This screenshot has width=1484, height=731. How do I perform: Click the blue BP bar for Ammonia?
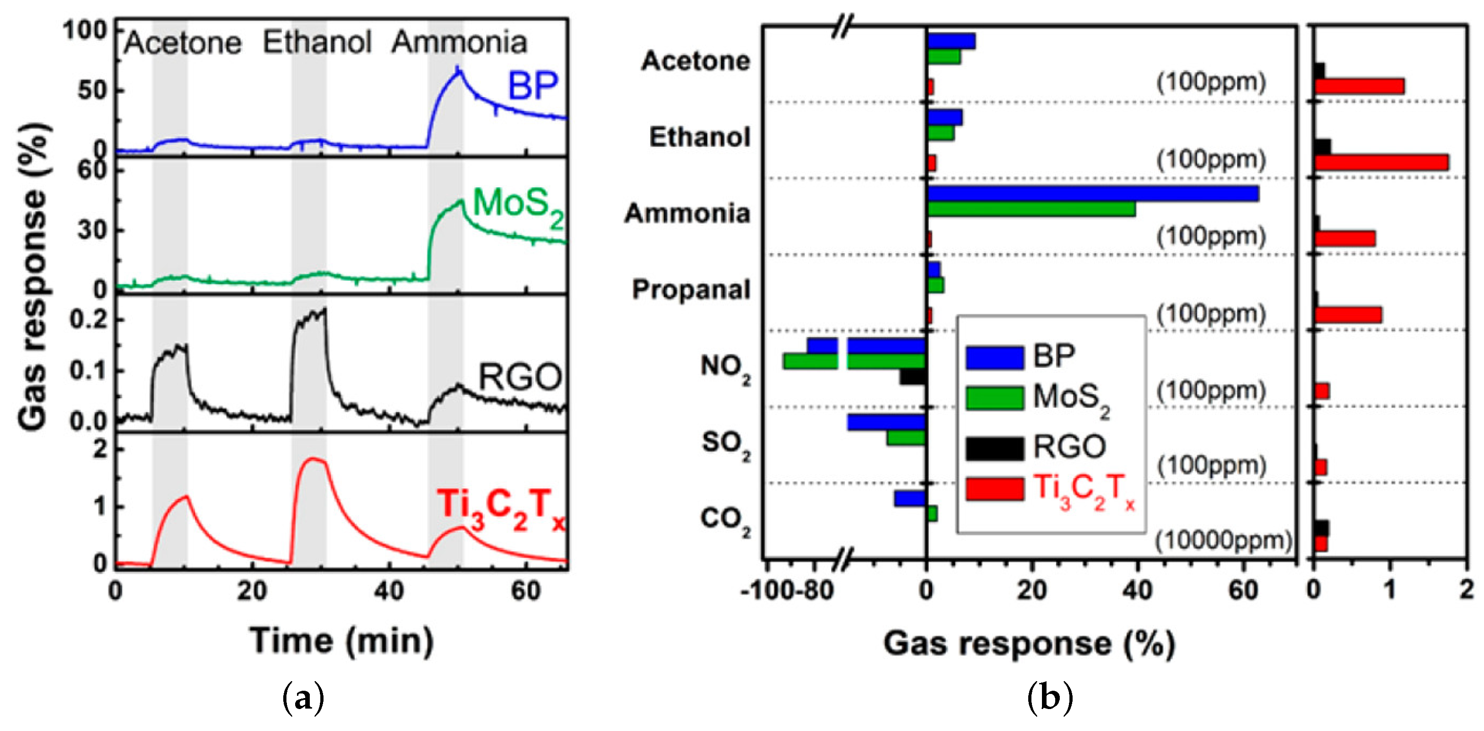(x=1092, y=193)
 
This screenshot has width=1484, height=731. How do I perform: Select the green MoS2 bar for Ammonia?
(x=1031, y=210)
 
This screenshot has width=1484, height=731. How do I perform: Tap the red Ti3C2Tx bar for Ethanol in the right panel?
(x=1381, y=163)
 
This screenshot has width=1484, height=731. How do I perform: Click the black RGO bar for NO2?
(x=912, y=377)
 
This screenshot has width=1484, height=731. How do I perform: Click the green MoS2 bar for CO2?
(x=932, y=513)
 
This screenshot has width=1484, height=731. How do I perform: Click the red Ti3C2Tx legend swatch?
(x=995, y=489)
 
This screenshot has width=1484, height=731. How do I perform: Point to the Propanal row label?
(x=691, y=289)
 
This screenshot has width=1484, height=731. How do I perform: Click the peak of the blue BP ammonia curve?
(x=458, y=72)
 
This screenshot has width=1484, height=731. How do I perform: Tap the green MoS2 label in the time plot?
(x=518, y=206)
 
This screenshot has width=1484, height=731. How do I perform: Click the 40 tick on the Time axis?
(x=389, y=591)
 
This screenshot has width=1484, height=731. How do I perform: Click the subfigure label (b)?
(x=1050, y=698)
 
